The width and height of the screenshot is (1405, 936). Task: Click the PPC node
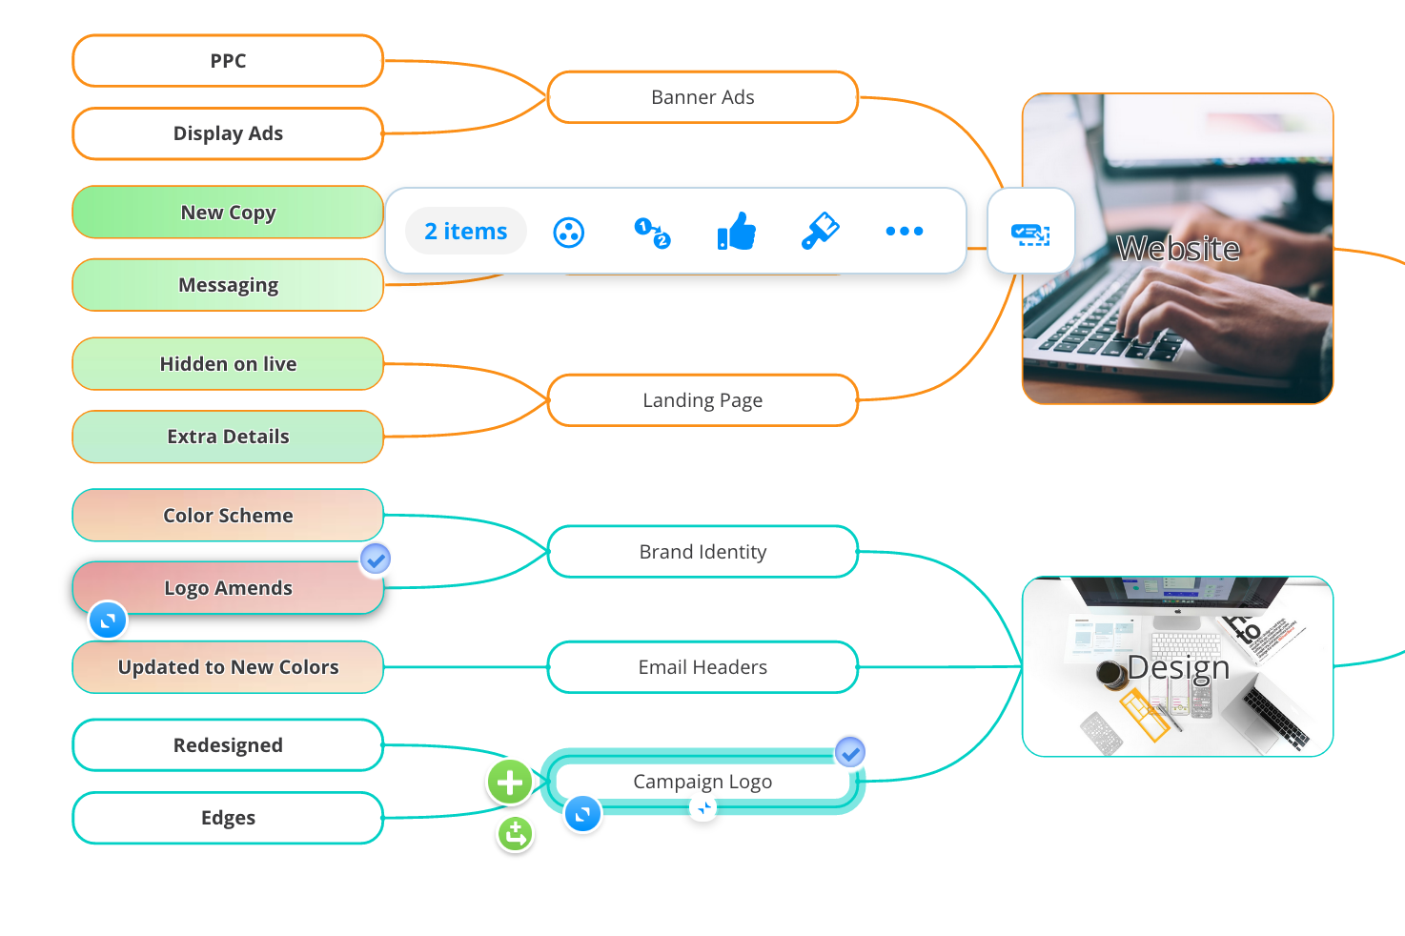tap(228, 61)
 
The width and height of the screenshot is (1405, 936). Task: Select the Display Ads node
tap(228, 133)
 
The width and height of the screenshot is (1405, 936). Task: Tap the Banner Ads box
tap(702, 97)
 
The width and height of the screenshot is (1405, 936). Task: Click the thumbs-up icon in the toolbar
tap(737, 232)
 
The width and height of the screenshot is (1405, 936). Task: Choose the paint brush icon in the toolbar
tap(821, 231)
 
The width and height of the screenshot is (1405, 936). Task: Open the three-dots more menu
tap(904, 231)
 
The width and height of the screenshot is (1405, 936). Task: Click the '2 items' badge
tap(465, 231)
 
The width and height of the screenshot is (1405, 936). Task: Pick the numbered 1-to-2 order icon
tap(652, 233)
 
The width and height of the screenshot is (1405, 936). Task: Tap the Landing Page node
tap(702, 400)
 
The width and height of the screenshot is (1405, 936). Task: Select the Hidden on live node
tap(228, 364)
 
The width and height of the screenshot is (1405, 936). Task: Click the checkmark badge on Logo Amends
tap(376, 559)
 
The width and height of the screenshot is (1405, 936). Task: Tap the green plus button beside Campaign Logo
tap(510, 782)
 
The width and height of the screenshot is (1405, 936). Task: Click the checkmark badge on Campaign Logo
tap(850, 752)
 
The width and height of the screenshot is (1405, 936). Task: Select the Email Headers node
tap(702, 667)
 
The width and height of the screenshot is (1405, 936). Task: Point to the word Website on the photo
tap(1178, 249)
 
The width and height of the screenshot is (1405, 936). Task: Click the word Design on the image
tap(1178, 667)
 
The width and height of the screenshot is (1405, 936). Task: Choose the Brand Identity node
tap(702, 552)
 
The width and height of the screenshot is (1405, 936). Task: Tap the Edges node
tap(228, 818)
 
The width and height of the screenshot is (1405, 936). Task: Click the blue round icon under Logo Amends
tap(108, 621)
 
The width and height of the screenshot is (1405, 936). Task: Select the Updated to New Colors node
tap(228, 667)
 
